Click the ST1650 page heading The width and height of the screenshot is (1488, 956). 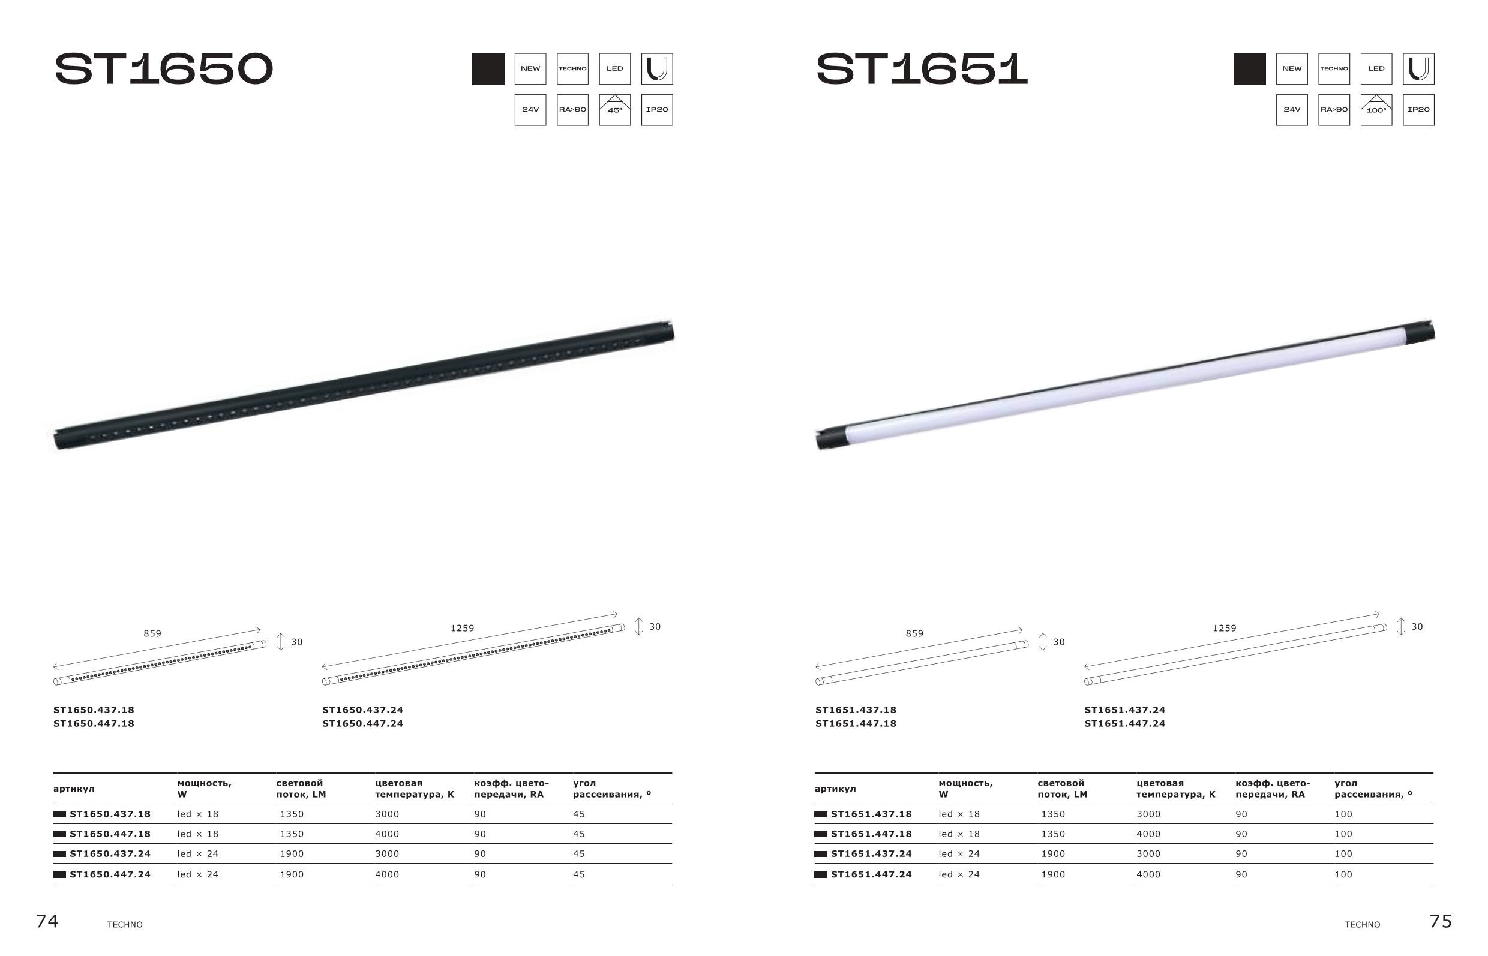point(164,69)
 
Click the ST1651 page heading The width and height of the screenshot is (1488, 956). point(922,69)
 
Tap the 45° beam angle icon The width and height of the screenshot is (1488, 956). point(615,110)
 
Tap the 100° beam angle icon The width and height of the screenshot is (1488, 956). point(1376,110)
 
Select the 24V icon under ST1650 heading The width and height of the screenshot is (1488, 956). point(530,110)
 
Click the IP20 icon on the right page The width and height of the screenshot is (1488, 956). point(1418,110)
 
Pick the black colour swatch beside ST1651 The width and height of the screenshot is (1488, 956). point(1250,69)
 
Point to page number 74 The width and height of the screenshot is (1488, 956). point(47,921)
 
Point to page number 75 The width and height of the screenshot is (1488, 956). point(1441,921)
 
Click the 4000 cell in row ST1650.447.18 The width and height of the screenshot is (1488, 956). point(387,834)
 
